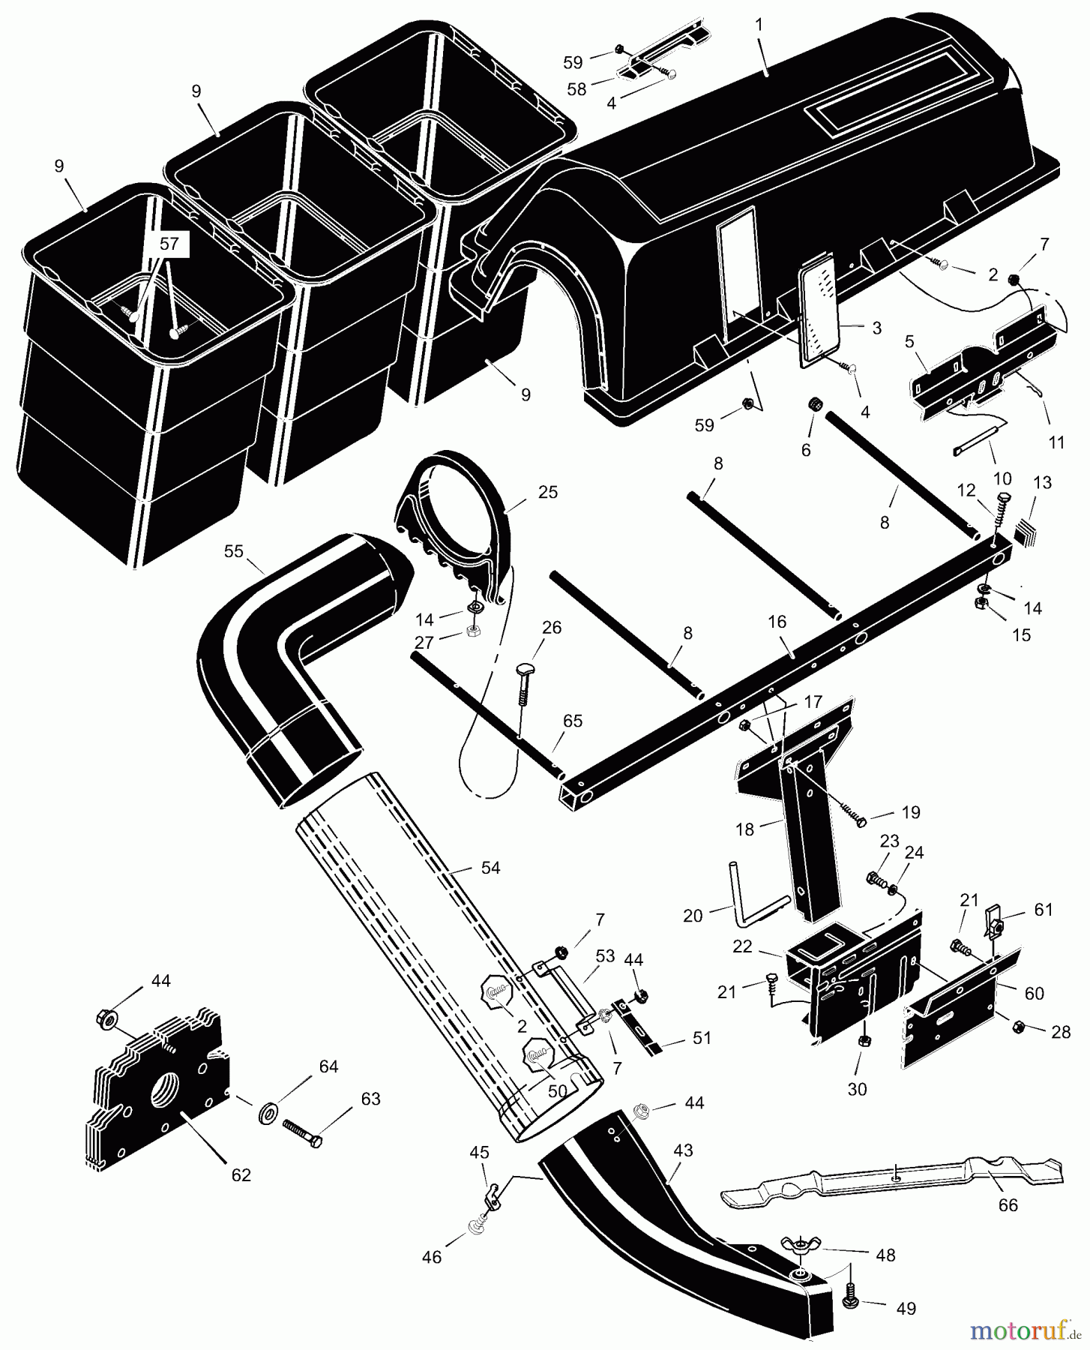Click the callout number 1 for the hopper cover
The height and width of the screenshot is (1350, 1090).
[x=759, y=25]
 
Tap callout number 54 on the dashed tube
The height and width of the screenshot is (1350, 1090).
[x=490, y=868]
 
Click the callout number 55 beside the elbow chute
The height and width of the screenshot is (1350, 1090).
[x=234, y=551]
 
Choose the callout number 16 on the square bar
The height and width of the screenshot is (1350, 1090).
[x=777, y=622]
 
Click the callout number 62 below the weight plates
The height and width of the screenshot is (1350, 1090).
[x=241, y=1175]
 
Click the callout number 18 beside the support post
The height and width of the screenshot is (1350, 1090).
[x=744, y=829]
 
